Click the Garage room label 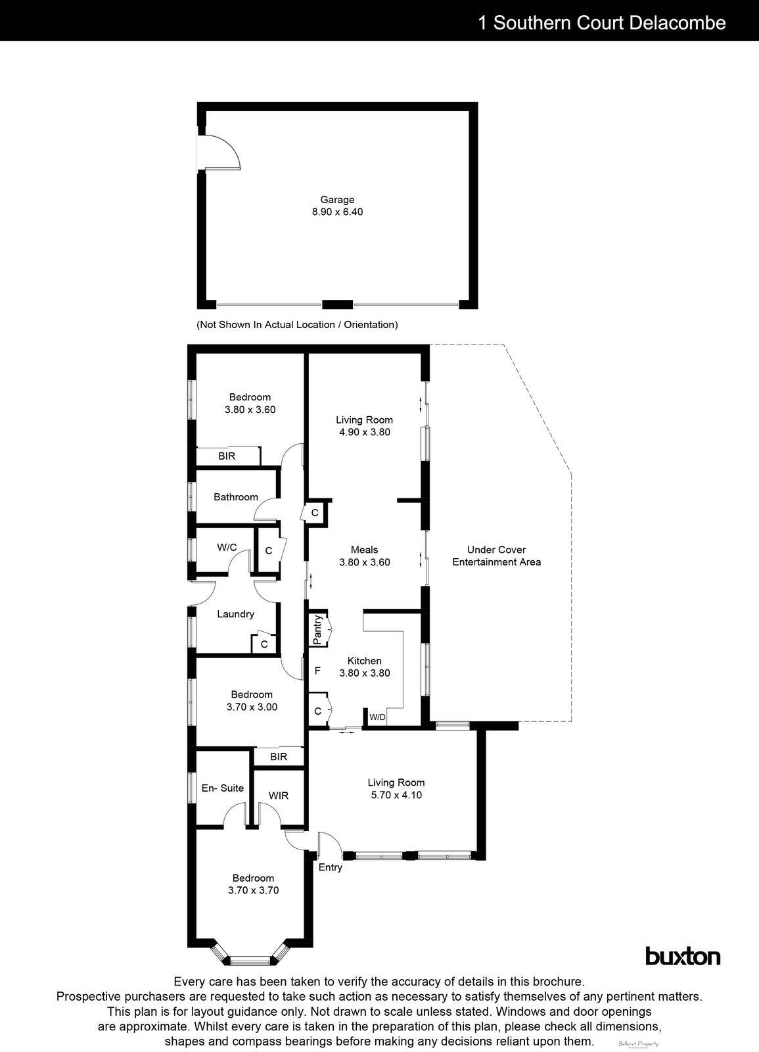[337, 200]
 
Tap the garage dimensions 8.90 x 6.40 [337, 212]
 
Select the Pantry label [317, 629]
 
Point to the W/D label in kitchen [377, 717]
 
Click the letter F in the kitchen [317, 671]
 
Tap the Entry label [331, 867]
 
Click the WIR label [279, 796]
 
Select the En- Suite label [223, 788]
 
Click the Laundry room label [235, 614]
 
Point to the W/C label [227, 547]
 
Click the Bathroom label [236, 497]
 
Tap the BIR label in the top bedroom [227, 456]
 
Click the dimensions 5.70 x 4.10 [396, 795]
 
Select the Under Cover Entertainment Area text [497, 556]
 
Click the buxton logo [683, 956]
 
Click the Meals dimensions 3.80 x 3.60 [365, 562]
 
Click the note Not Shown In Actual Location [297, 325]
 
